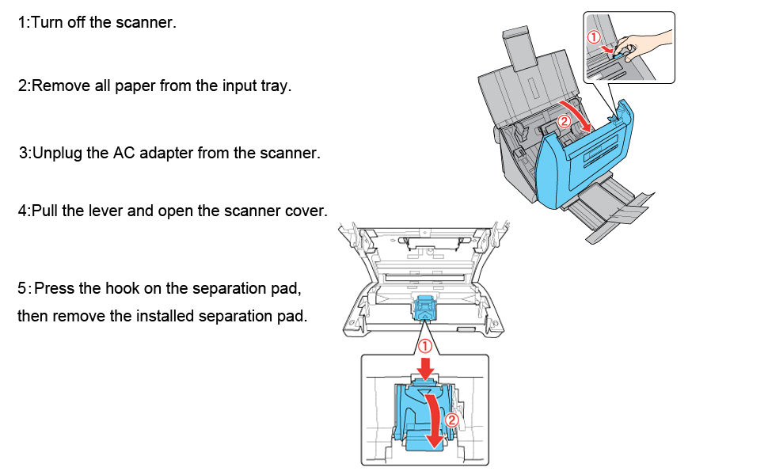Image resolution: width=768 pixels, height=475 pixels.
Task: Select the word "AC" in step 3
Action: tap(124, 153)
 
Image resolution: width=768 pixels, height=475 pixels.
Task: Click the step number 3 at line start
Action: tap(24, 154)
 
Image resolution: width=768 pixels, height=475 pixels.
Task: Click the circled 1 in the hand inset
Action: tap(594, 36)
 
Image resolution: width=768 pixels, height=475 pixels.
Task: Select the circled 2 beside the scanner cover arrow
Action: tap(565, 121)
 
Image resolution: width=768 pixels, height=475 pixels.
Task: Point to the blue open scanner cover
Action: tap(584, 156)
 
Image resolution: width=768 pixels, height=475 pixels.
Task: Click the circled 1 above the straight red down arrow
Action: tap(424, 346)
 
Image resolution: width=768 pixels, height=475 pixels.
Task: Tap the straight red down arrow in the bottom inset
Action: tap(425, 368)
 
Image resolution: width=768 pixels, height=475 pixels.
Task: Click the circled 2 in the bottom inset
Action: tap(451, 420)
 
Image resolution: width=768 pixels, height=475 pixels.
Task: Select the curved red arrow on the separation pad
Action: tap(432, 420)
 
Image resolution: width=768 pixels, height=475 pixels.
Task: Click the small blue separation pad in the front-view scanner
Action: tap(424, 309)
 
